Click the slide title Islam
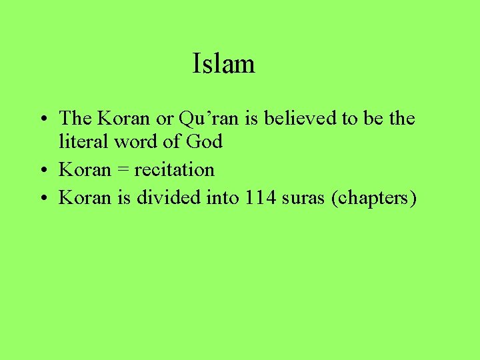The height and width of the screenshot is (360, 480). [x=223, y=64]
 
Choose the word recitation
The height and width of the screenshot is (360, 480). [x=175, y=169]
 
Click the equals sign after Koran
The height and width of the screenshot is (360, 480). [x=123, y=170]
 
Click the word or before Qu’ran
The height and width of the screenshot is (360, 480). [x=165, y=119]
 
